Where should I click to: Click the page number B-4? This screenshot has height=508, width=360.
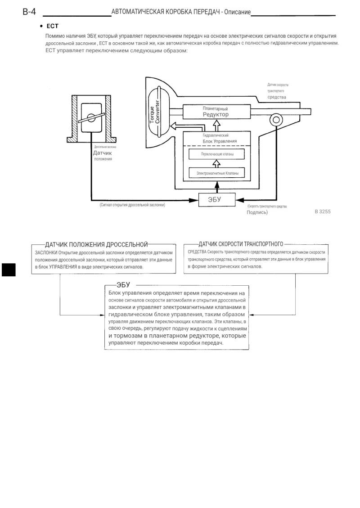click(x=29, y=12)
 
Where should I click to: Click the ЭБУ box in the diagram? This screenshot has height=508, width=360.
click(x=217, y=200)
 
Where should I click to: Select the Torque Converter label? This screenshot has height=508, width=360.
click(x=154, y=112)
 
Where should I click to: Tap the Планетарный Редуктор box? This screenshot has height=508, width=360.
click(x=216, y=112)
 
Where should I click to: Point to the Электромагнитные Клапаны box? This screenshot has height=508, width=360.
click(x=217, y=173)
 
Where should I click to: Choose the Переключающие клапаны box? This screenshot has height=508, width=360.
click(x=217, y=154)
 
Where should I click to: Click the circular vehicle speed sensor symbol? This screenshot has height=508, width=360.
click(x=276, y=120)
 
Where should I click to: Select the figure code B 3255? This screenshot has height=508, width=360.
click(x=323, y=211)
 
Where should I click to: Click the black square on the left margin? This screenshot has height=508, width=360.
click(x=9, y=270)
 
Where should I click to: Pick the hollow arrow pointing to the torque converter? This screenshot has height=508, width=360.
click(x=176, y=126)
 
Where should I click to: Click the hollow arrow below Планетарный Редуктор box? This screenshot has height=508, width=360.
click(x=217, y=126)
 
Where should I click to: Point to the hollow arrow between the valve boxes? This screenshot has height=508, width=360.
click(x=217, y=164)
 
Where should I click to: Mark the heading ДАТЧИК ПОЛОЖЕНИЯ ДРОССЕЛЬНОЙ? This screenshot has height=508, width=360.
click(x=97, y=245)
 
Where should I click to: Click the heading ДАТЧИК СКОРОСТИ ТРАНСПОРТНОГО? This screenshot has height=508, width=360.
click(x=241, y=244)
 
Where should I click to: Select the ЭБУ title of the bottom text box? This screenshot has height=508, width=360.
click(x=123, y=285)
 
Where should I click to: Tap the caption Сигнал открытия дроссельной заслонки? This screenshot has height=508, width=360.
click(x=133, y=205)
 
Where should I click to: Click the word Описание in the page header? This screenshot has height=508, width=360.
click(x=238, y=12)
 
